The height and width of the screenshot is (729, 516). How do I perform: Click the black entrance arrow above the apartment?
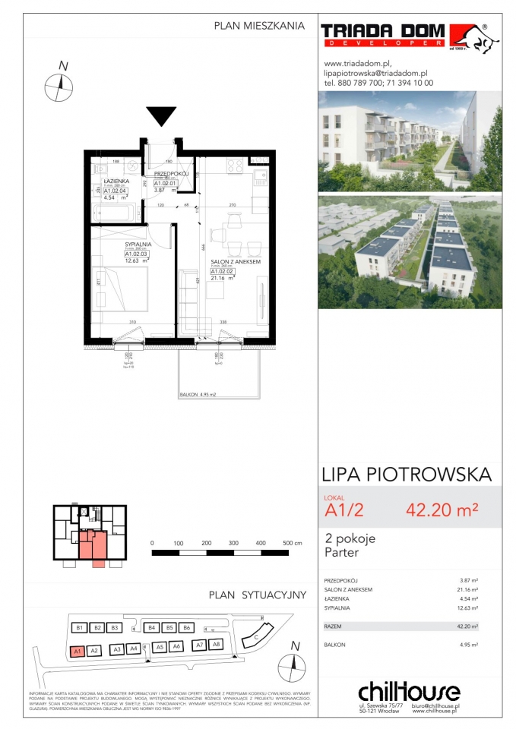pos(160,117)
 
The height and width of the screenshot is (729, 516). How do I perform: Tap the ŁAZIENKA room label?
pos(116,182)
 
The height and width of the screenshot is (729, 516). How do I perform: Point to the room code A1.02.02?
pos(222,270)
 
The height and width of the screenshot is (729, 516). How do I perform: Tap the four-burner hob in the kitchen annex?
pos(233,164)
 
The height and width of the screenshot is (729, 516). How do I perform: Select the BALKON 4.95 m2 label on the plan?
pos(198,394)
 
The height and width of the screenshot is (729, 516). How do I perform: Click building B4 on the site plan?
pos(152,628)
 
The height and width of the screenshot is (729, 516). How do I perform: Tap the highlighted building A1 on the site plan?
pos(76,650)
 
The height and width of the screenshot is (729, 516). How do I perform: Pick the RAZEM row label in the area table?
pos(334,626)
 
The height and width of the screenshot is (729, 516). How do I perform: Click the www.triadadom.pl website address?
pos(357,64)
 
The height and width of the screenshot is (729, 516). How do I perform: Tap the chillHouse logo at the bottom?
pos(409,691)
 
